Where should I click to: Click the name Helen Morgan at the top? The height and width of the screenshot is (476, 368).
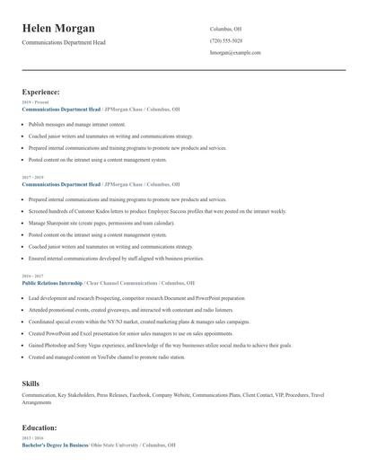tap(58, 29)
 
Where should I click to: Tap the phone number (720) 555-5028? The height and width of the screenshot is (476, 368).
tap(226, 41)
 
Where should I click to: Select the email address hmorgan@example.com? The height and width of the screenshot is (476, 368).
tap(235, 53)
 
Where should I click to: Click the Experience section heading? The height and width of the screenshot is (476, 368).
tap(41, 92)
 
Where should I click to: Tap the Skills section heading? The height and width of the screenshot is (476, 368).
tap(31, 383)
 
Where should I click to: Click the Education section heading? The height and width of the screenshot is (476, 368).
tap(39, 428)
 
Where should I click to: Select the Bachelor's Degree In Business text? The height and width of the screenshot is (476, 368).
tap(55, 445)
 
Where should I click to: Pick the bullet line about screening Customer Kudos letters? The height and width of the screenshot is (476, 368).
tap(157, 211)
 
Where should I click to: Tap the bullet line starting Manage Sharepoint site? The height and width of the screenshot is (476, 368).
tap(101, 223)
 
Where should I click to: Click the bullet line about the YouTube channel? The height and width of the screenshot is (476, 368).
tap(107, 357)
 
